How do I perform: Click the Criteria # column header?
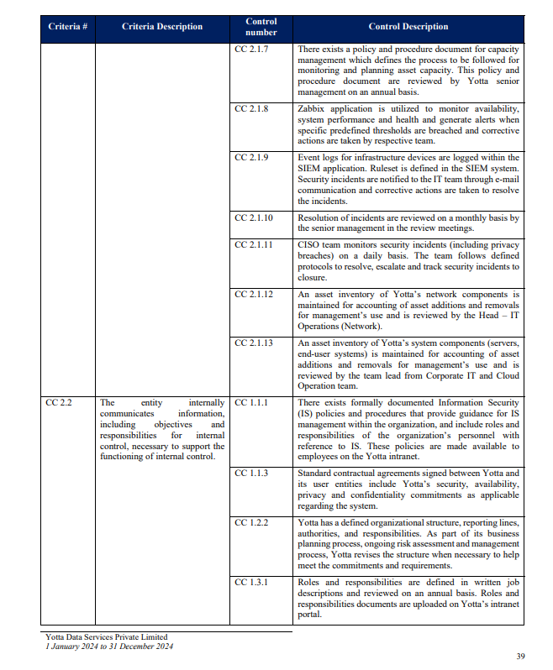click(68, 27)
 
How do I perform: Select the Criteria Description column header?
click(162, 27)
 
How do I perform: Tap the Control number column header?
click(261, 27)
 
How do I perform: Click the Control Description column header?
click(408, 27)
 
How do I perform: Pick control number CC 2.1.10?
click(254, 217)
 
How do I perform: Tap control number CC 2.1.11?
click(254, 245)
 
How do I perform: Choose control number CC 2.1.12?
click(254, 295)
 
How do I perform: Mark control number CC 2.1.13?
click(254, 343)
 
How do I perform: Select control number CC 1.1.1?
click(251, 403)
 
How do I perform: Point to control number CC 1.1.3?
click(251, 474)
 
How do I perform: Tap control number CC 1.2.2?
click(251, 522)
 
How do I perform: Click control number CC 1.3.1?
click(251, 582)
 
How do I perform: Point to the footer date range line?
click(109, 646)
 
